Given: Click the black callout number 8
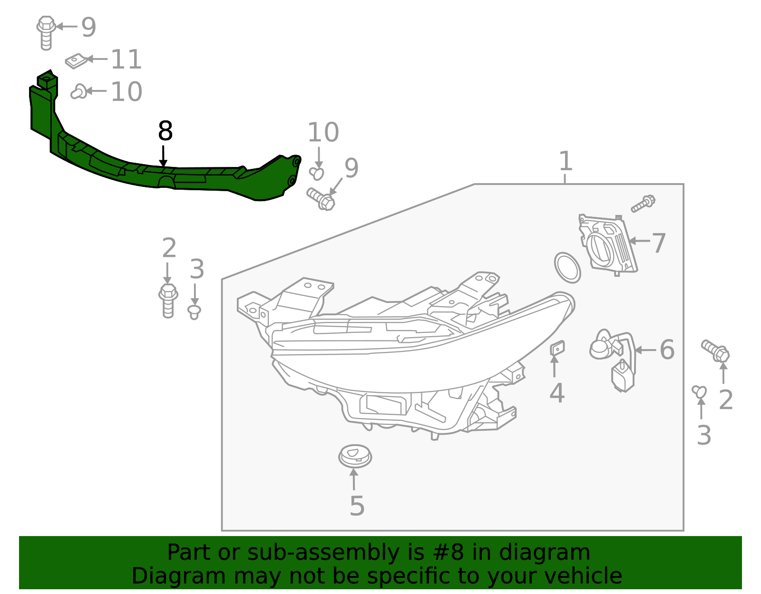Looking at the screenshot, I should click(x=165, y=131).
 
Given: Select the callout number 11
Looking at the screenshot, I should click(x=126, y=60).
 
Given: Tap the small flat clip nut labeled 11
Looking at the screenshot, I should click(x=76, y=61).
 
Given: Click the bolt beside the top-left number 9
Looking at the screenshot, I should click(x=46, y=32).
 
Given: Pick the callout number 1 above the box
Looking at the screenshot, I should click(x=565, y=161).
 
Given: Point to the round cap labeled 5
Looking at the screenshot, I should click(x=355, y=456).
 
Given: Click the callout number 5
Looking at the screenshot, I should click(x=357, y=506).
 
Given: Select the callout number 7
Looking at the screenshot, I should click(x=658, y=243).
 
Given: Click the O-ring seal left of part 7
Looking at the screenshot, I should click(x=567, y=268).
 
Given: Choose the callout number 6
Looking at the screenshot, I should click(x=667, y=350).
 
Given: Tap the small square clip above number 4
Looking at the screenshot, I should click(x=557, y=348).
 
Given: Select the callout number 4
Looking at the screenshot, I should click(x=556, y=393).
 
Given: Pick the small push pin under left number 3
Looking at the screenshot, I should click(x=194, y=312).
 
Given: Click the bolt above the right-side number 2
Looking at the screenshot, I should click(x=715, y=351).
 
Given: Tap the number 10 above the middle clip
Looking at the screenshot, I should click(x=323, y=133).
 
